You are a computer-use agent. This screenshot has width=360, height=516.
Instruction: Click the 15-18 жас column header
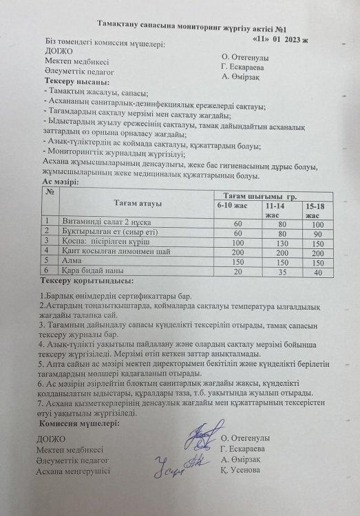point(317,210)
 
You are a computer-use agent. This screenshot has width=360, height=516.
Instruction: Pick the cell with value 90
point(317,233)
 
